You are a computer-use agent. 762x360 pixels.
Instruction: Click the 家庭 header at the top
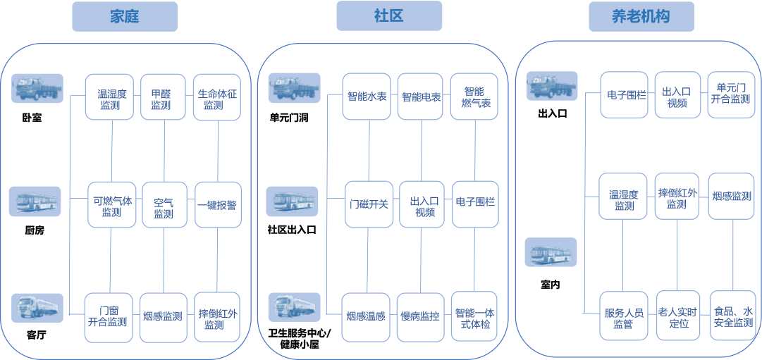point(124,16)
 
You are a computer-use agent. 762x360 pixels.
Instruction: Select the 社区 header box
point(388,16)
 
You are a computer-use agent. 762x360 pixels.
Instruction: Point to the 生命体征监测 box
point(218,99)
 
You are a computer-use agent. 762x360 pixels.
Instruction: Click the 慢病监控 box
point(420,316)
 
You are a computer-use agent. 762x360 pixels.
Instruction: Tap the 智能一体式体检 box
point(474,316)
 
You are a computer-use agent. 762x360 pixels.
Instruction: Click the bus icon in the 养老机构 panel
point(551,252)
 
